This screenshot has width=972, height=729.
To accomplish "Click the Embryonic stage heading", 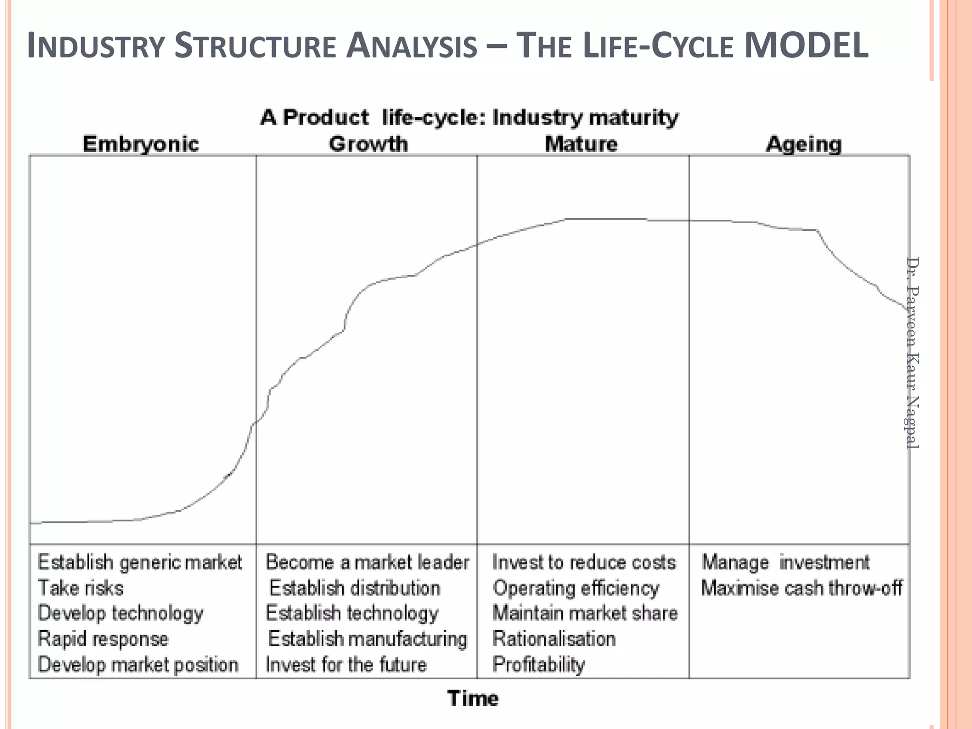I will [x=140, y=144].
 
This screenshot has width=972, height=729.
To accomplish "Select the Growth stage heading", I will [x=368, y=144].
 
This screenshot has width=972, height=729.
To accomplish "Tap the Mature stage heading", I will [x=581, y=144].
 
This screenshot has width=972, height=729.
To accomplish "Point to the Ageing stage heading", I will [x=804, y=144].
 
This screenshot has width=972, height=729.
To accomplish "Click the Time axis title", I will [x=473, y=699].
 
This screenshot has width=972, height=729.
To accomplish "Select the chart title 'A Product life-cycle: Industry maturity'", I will [x=469, y=117].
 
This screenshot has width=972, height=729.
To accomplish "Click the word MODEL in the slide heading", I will [x=806, y=46].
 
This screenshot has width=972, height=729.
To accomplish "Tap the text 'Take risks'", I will [x=81, y=588].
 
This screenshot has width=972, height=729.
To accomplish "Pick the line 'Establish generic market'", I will [x=140, y=562].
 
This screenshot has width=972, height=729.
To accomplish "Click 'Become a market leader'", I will [x=367, y=562].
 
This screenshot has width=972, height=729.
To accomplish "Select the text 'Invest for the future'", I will [x=346, y=664].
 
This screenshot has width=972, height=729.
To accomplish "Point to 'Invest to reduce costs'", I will [x=584, y=562].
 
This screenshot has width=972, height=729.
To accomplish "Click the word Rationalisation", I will [x=554, y=639].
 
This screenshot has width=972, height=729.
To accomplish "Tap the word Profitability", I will [x=539, y=664].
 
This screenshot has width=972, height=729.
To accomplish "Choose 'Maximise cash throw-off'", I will [x=801, y=588].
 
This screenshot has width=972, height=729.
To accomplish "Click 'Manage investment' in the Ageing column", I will [x=785, y=562].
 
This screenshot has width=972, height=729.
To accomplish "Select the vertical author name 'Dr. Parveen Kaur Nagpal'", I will [x=912, y=352].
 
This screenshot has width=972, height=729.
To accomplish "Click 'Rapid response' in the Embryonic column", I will [x=103, y=639].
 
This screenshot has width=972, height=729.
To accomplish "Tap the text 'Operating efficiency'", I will [x=576, y=588].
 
